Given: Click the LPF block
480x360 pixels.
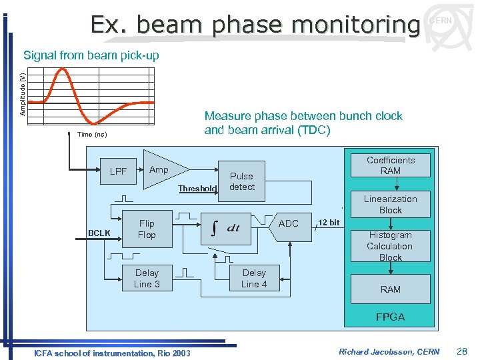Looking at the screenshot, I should pos(118,171).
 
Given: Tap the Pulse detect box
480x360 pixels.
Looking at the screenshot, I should pos(241,181).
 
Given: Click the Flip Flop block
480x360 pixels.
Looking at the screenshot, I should pos(147,229).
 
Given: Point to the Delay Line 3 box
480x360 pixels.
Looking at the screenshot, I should pos(147,278).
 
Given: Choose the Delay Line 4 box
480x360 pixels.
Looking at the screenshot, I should pos(254,278).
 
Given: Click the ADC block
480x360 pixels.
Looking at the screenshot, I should pos(288,223).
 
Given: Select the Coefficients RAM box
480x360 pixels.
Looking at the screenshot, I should pos(390,165).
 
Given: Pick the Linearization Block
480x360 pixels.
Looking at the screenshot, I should pos(390,204).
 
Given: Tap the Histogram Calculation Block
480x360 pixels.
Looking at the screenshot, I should pos(390,246).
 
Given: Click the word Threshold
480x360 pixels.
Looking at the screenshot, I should pos(197,189).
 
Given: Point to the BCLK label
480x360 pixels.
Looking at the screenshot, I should pos(99,233).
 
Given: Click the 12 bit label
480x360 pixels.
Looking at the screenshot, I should pos(329,222).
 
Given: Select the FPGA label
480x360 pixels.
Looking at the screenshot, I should pos(390,317).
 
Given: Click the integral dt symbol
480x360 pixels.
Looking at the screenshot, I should pos(225,227).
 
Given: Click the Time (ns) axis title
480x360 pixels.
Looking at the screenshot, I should pos(92,135).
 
